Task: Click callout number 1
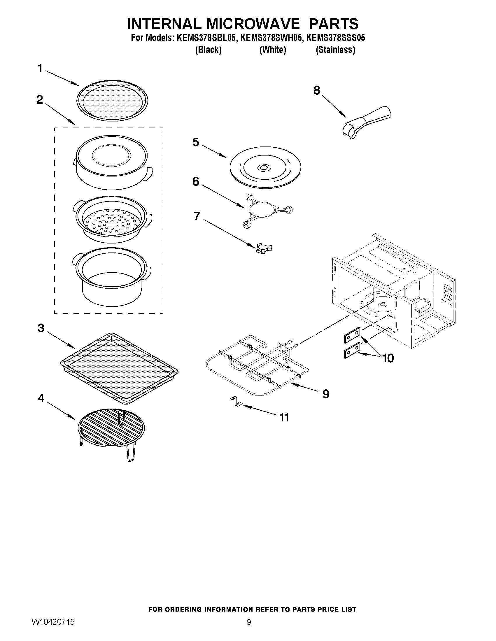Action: point(40,69)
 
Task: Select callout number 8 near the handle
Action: point(316,91)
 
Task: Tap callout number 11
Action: point(284,417)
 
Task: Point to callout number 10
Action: point(388,358)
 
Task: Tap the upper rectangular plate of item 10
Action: point(352,335)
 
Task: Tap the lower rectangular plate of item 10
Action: point(352,350)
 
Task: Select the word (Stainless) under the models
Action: point(335,50)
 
